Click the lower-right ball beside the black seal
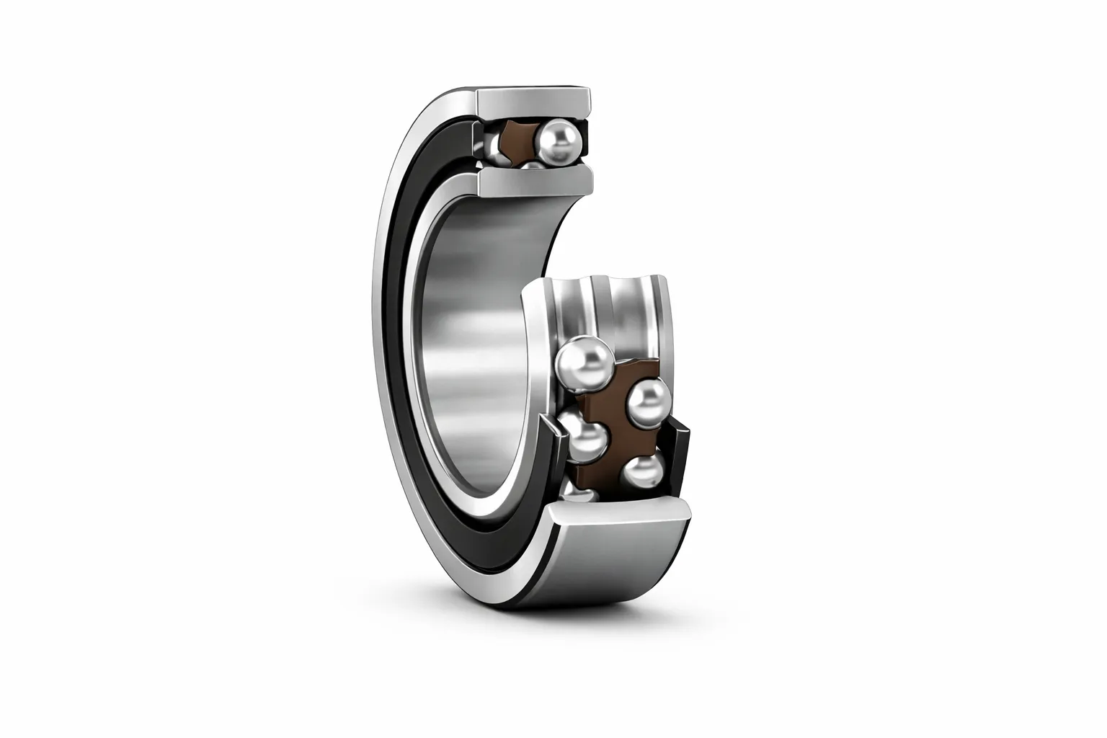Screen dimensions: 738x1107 pos(643,471)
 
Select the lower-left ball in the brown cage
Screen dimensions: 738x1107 pos(585,441)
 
